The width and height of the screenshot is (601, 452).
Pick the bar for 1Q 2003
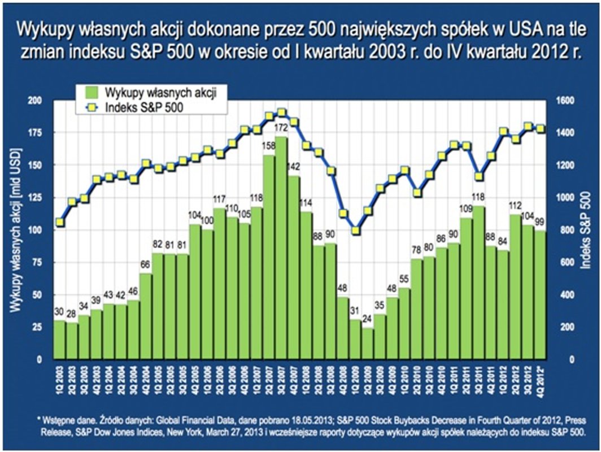pyautogui.click(x=59, y=340)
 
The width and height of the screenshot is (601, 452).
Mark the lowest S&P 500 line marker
pyautogui.click(x=355, y=231)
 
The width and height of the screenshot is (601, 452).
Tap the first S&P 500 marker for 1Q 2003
pyautogui.click(x=60, y=223)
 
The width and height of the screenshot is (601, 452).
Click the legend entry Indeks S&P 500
pyautogui.click(x=141, y=107)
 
